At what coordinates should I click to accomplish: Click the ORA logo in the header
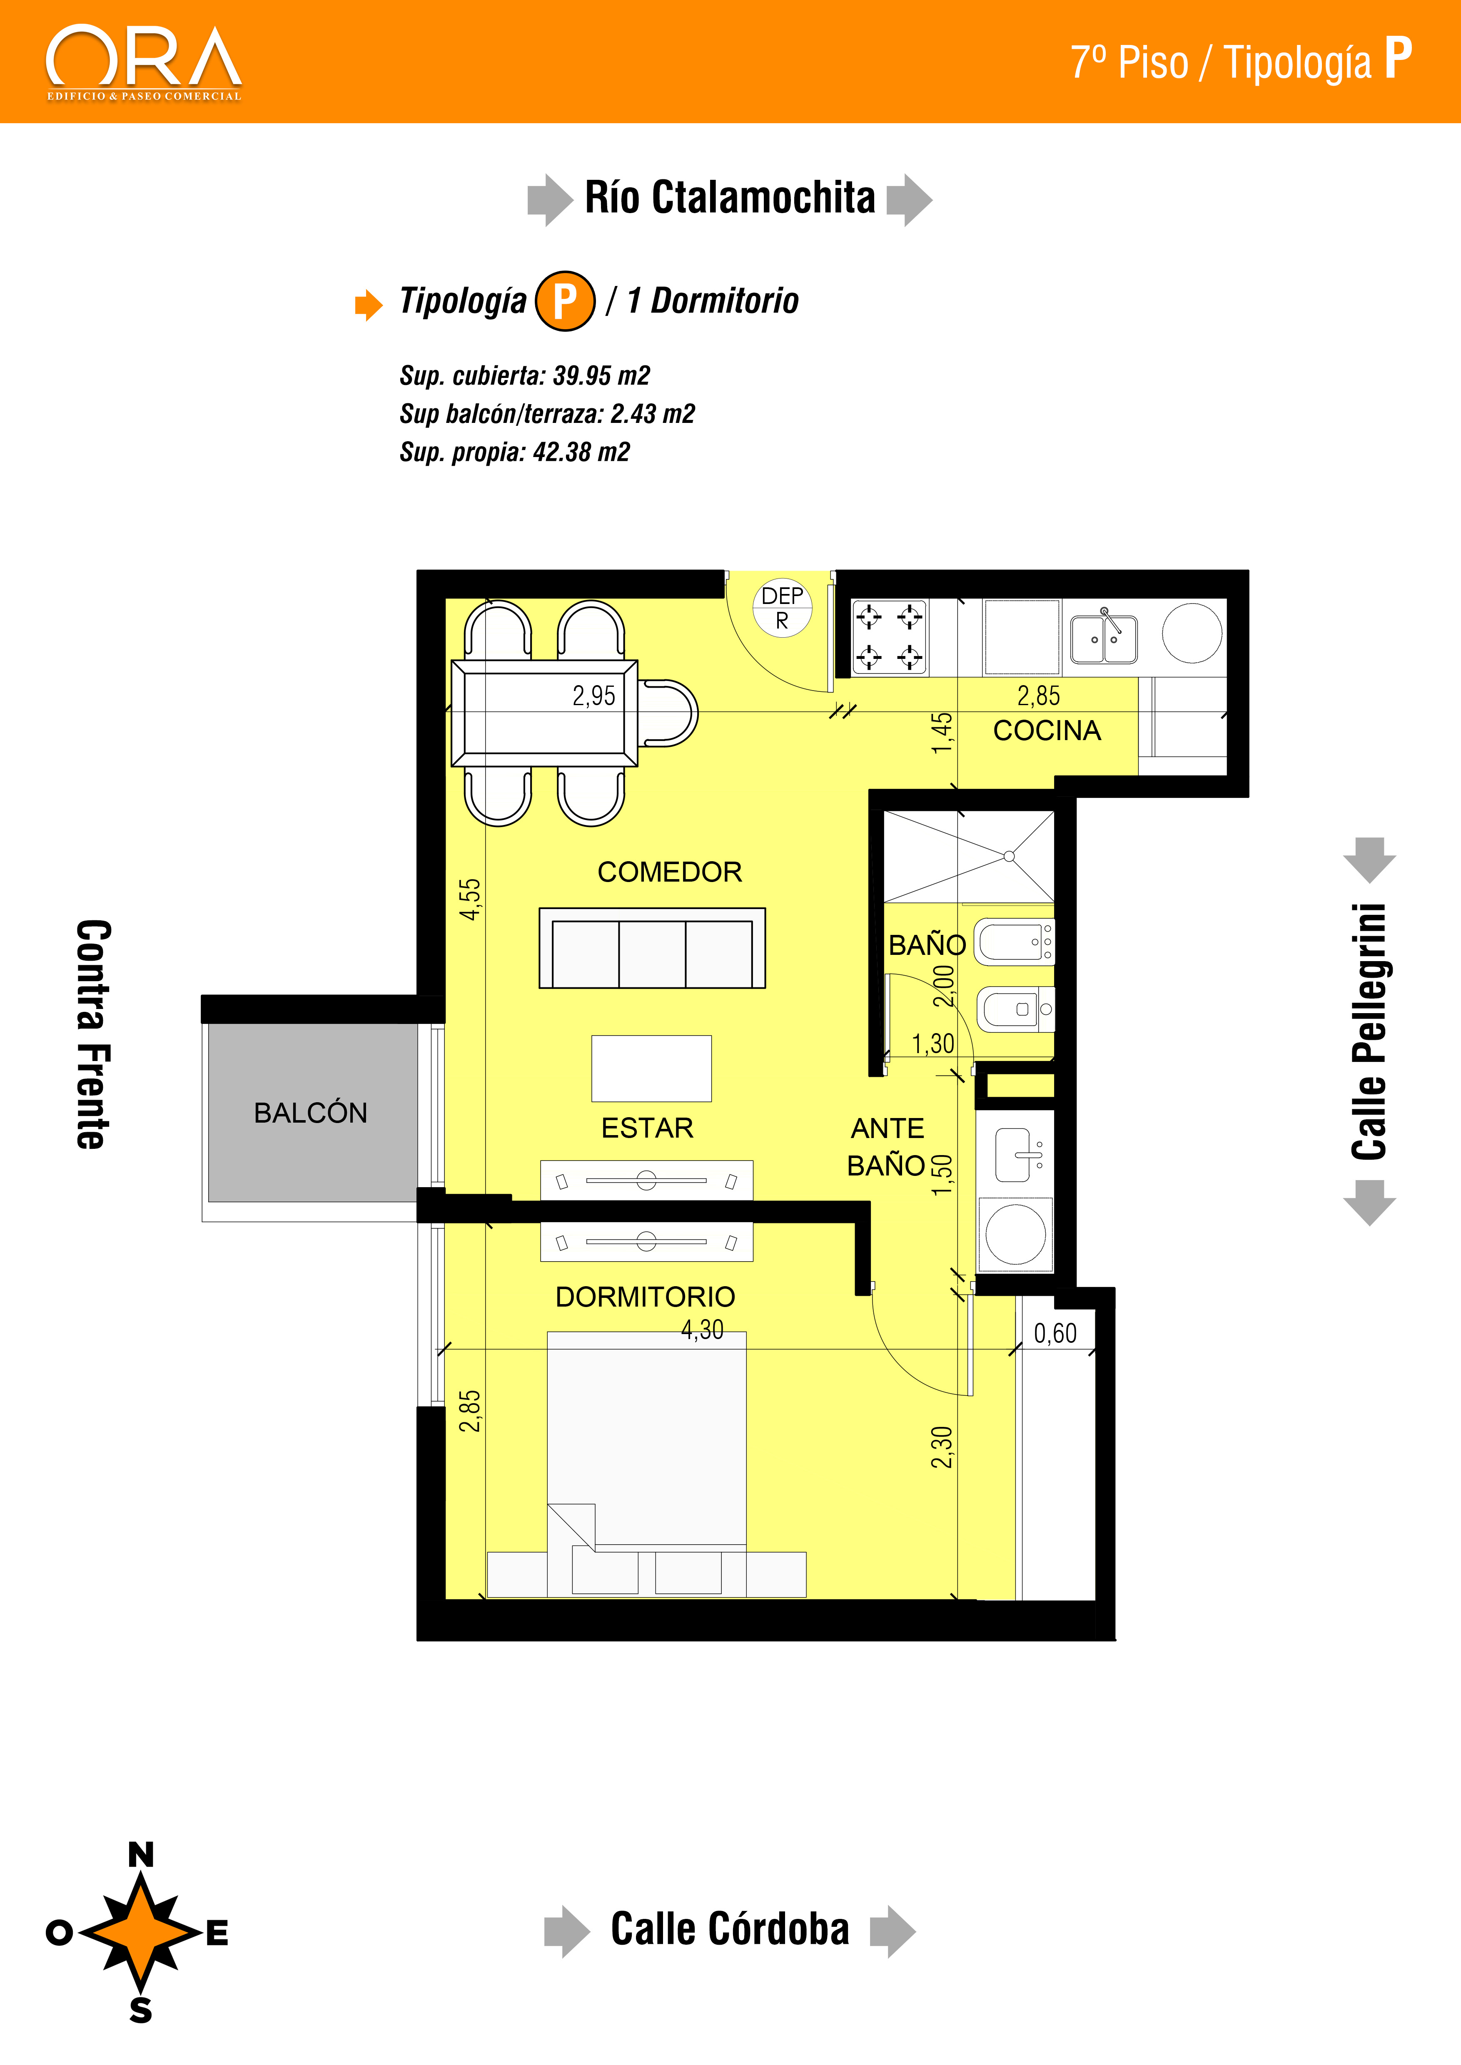(x=144, y=63)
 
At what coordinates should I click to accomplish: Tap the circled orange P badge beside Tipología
(x=565, y=301)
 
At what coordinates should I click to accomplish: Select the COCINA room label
(x=1047, y=730)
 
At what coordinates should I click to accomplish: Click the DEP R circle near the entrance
(x=783, y=608)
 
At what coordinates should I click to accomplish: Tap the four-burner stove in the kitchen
(x=890, y=638)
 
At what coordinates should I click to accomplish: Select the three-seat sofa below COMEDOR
(x=652, y=948)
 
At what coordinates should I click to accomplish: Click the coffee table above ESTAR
(x=651, y=1069)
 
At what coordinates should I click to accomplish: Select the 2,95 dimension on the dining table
(x=594, y=695)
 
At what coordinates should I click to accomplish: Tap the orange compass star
(x=141, y=1932)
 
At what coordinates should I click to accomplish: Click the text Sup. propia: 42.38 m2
(x=515, y=452)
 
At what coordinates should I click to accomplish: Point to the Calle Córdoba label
(x=730, y=1929)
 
